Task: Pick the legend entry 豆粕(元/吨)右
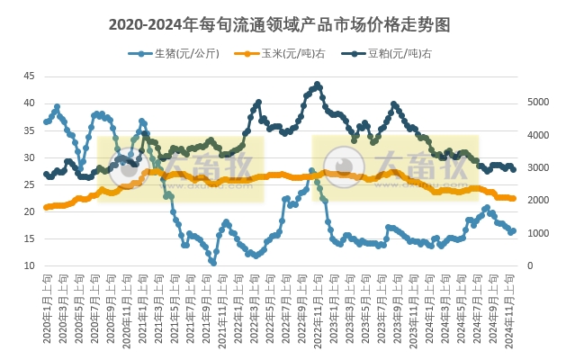[397, 54]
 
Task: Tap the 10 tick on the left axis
[29, 266]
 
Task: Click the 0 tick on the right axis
[529, 266]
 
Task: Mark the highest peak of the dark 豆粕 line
[318, 85]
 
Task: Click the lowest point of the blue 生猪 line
[213, 262]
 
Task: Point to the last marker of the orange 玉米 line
[513, 198]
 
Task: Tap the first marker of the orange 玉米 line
[46, 208]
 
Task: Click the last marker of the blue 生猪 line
[513, 230]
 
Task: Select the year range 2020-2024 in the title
[146, 24]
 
